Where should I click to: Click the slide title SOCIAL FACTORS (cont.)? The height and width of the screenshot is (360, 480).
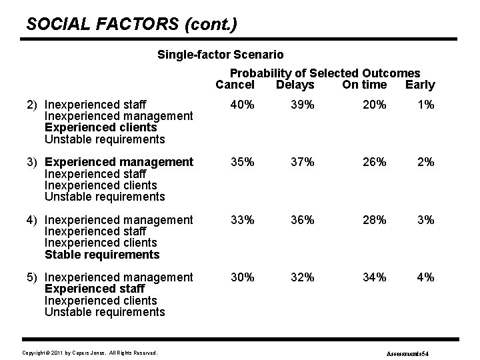(131, 25)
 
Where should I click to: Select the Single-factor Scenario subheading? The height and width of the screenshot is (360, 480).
(220, 54)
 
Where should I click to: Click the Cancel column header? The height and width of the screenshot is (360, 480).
(235, 85)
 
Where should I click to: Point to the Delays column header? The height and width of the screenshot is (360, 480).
(295, 85)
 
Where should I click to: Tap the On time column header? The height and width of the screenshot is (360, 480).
(364, 85)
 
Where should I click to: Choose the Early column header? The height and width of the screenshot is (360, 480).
(420, 85)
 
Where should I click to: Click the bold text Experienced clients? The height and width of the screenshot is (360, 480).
(100, 127)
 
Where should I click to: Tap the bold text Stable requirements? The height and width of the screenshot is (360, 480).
(102, 255)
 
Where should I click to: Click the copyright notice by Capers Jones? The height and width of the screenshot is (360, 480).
(89, 352)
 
